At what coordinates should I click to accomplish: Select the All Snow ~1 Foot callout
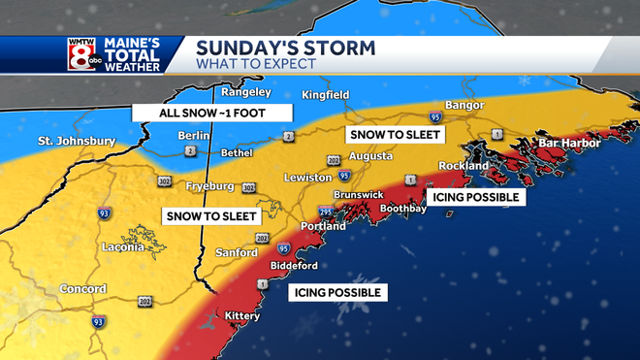pos(211,113)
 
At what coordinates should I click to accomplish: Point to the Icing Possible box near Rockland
pos(474,197)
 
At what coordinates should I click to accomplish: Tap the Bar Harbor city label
pos(570,144)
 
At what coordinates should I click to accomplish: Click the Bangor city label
pos(464,105)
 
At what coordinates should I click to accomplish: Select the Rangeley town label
pos(245,93)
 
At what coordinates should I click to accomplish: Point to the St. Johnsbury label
pos(77,142)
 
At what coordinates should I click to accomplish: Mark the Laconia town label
pos(124,247)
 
